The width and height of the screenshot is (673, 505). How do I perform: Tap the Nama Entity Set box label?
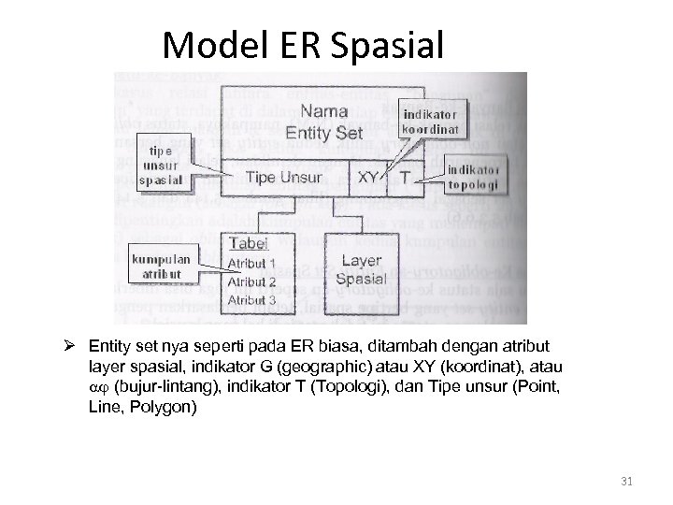click(x=325, y=122)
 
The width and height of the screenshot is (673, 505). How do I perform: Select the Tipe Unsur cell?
click(x=283, y=177)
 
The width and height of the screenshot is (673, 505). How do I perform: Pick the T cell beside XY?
click(x=405, y=177)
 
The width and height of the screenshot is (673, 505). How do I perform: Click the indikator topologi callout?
click(x=473, y=178)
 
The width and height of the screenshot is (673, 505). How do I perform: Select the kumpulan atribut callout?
click(x=160, y=265)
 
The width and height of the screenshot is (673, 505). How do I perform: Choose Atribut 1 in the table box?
click(x=251, y=264)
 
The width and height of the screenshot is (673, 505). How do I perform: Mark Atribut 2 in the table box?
click(x=251, y=281)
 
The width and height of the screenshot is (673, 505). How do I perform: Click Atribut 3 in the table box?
click(x=251, y=300)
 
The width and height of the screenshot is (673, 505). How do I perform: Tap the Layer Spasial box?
click(x=361, y=270)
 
